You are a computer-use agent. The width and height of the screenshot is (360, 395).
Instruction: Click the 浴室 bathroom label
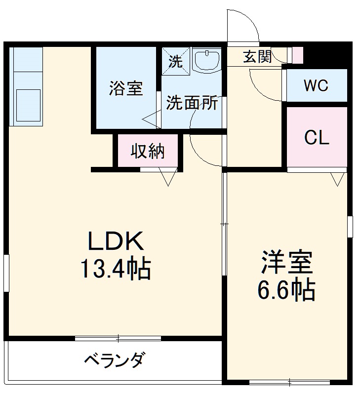126,89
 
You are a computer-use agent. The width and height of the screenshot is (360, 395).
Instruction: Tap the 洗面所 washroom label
192,103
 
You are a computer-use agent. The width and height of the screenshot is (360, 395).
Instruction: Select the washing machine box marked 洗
175,62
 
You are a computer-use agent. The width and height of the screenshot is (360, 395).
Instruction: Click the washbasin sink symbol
206,61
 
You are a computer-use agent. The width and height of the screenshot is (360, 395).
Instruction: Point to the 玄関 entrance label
257,57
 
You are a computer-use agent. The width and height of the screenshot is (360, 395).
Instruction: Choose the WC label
316,86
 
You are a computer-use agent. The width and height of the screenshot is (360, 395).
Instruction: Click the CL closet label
317,138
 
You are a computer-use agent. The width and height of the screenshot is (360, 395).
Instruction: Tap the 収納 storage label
148,152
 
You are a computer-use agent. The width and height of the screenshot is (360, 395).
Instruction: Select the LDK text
116,242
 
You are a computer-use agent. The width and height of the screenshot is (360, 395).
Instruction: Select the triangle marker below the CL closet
338,179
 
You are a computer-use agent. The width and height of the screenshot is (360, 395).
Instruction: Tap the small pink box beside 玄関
297,55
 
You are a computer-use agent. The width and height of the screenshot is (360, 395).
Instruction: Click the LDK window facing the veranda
118,339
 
